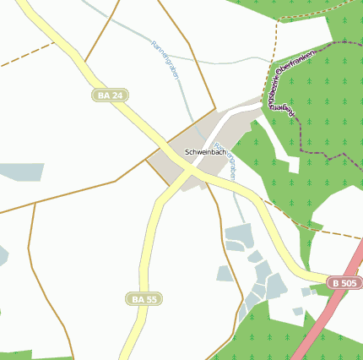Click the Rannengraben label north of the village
tap(166, 61)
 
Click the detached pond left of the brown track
tap(225, 273)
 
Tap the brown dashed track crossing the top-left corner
tap(21, 61)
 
